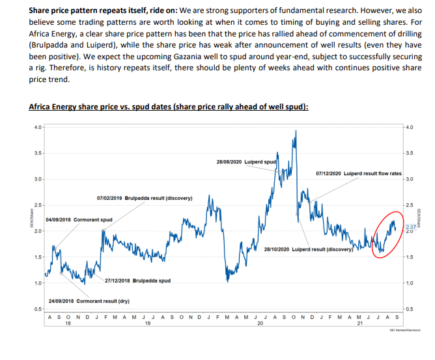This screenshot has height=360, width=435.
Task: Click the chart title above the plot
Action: click(169, 107)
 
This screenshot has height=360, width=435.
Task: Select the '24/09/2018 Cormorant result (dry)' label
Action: click(89, 301)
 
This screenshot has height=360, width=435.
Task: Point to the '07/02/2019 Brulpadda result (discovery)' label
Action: click(144, 197)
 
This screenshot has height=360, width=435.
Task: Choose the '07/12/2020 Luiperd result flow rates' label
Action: click(357, 173)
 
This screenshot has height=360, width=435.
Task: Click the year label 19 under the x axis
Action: click(147, 322)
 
